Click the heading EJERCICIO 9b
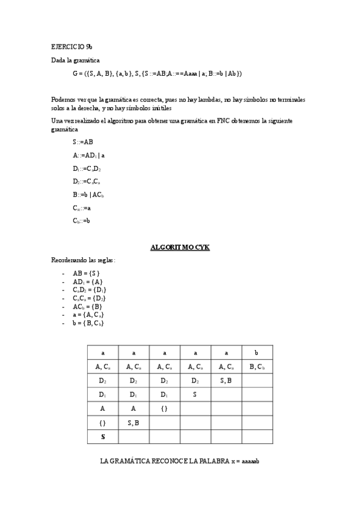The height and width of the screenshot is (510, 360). pos(72,46)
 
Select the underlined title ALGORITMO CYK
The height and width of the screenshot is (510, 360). pos(180,247)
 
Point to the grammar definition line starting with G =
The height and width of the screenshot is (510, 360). pos(157,73)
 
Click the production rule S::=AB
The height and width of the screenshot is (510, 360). pos(83,142)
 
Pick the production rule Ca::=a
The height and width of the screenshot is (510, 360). pos(82,207)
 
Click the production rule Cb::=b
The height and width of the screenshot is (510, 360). pos(82,221)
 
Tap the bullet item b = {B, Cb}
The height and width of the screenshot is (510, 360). pos(88,324)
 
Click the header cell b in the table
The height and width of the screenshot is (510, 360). pos(257,352)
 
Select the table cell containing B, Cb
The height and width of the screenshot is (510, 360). pos(257,366)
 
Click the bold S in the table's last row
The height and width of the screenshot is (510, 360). pos(103,437)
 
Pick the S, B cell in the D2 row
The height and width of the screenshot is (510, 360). pos(226,380)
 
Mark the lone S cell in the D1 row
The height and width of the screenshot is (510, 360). pos(195,395)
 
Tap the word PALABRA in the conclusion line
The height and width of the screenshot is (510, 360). pos(210,461)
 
